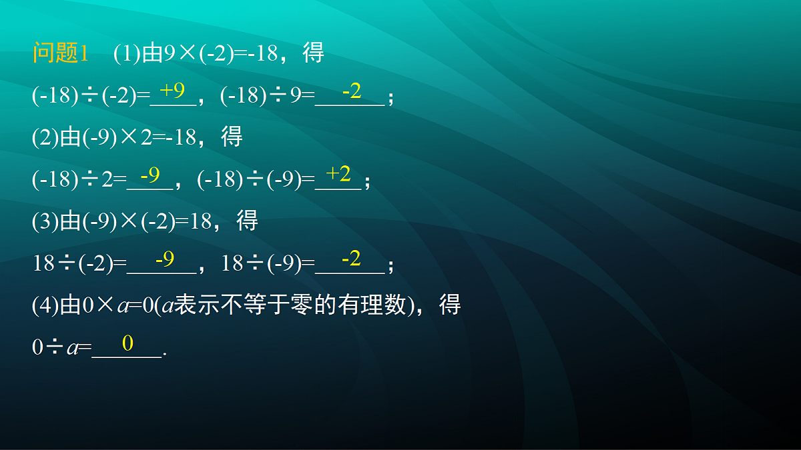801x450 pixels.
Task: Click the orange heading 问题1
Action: pos(61,53)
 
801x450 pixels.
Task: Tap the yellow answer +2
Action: pos(338,174)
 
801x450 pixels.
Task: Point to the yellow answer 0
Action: pos(127,343)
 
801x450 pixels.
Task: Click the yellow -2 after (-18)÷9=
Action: pos(351,91)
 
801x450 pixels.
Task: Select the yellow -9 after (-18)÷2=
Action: pos(150,175)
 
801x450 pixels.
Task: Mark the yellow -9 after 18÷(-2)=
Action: pos(164,258)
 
